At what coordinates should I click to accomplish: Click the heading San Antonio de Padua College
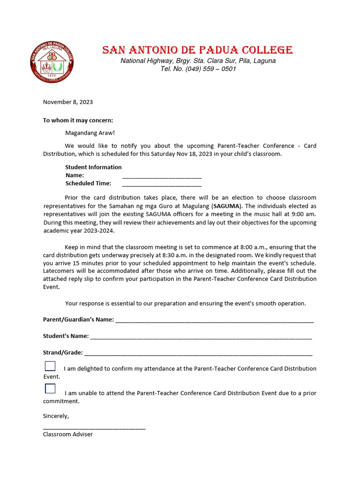[x=197, y=50]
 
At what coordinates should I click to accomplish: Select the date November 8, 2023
[x=68, y=102]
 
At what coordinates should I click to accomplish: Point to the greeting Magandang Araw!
[x=90, y=133]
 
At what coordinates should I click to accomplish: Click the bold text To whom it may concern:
[x=78, y=120]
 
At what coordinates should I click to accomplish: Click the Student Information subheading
[x=93, y=167]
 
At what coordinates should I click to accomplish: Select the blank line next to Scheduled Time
[x=162, y=184]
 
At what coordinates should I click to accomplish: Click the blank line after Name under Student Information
[x=162, y=176]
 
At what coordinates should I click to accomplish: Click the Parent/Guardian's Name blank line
[x=214, y=320]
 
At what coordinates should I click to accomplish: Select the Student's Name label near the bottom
[x=66, y=336]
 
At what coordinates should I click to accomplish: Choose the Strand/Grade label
[x=63, y=352]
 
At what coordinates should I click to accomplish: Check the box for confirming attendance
[x=50, y=367]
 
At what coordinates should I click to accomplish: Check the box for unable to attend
[x=50, y=389]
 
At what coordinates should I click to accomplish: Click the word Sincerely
[x=56, y=416]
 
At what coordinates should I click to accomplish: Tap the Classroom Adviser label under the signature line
[x=68, y=434]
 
